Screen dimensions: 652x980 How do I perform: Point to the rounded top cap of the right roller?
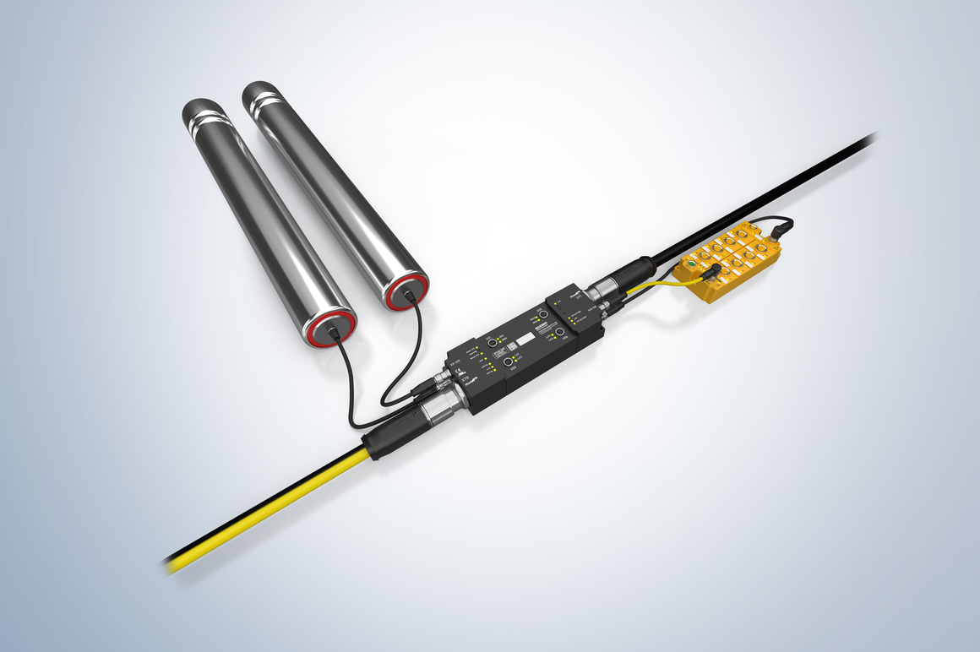(x=261, y=91)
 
